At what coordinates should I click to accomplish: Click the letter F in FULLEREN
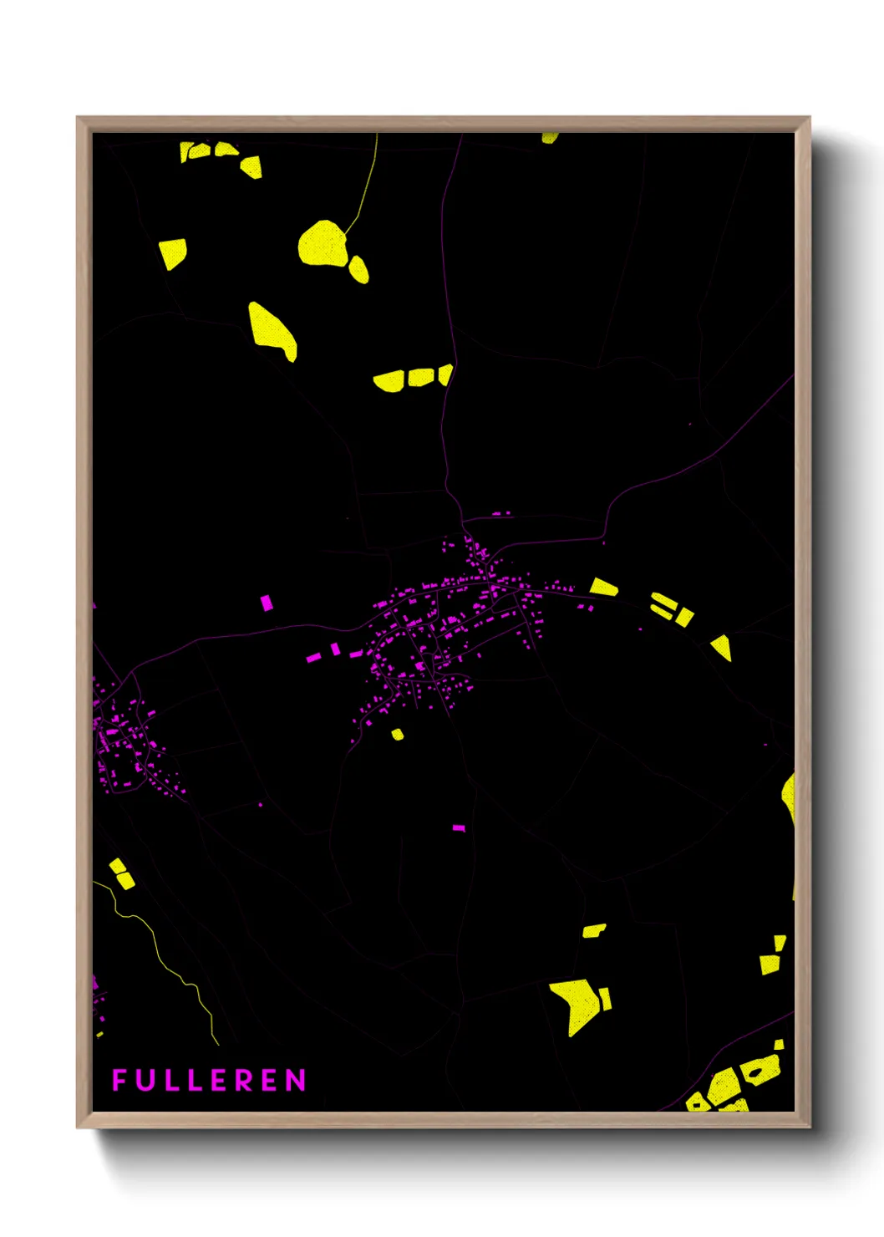(x=119, y=1080)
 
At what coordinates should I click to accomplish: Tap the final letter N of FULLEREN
(x=296, y=1081)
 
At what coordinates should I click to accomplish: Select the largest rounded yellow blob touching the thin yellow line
(x=323, y=243)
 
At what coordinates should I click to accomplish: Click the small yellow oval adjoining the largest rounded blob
(x=358, y=268)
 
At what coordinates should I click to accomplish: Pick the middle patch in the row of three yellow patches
(x=420, y=378)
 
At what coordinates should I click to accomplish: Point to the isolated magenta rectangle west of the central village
(x=267, y=603)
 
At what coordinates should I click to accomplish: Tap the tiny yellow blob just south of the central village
(x=397, y=735)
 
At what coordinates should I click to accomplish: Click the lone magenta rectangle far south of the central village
(x=458, y=827)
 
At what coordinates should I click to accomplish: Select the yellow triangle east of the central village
(x=722, y=647)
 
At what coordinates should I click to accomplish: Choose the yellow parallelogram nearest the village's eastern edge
(x=603, y=587)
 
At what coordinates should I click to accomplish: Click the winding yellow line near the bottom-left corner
(x=167, y=961)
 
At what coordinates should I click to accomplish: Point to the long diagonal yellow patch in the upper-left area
(x=272, y=328)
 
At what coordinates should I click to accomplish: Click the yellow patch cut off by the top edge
(x=549, y=138)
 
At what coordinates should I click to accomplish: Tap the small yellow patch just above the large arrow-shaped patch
(x=594, y=930)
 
